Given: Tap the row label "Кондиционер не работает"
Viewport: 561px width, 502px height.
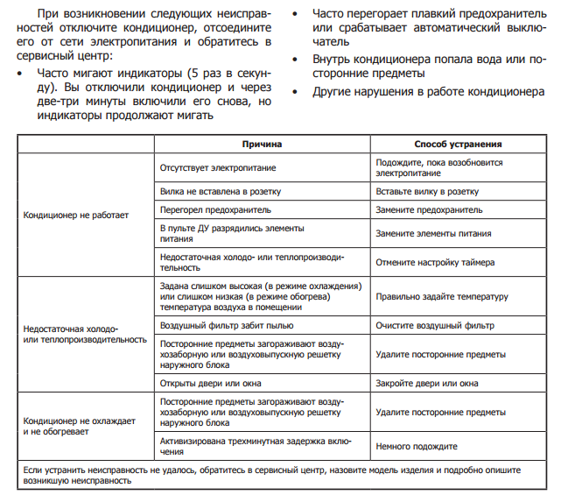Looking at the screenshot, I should click(76, 213).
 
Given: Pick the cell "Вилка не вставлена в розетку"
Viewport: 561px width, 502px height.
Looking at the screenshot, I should click(221, 190).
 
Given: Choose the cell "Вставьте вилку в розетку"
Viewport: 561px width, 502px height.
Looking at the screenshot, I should click(427, 190).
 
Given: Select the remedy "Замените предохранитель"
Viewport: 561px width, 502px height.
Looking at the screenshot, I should click(429, 210).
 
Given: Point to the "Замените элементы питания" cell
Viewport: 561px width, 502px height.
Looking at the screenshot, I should click(433, 234).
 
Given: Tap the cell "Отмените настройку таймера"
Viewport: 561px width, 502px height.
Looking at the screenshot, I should click(435, 261).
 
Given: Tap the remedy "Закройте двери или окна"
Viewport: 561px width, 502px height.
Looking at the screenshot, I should click(427, 383).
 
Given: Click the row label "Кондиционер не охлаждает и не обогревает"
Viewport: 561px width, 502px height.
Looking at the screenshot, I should click(80, 427).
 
